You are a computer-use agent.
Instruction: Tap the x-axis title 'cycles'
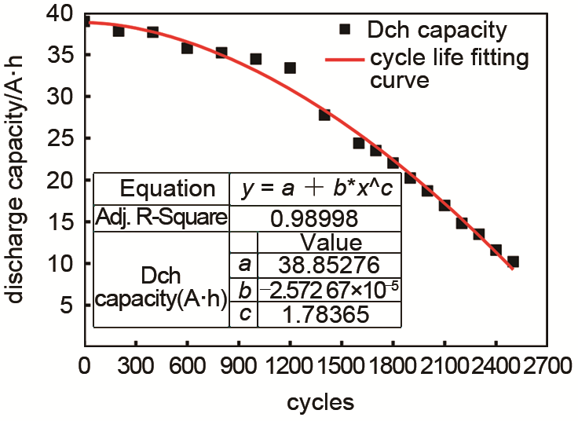(x=320, y=402)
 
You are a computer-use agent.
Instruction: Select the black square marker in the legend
(x=343, y=30)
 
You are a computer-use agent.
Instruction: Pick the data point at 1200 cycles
(x=290, y=68)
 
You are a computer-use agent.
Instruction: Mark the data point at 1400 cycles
(x=324, y=115)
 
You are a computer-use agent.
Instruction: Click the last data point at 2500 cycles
(x=513, y=262)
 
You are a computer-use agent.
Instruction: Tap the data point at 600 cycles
(x=187, y=48)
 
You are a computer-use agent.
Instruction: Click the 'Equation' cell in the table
(x=166, y=189)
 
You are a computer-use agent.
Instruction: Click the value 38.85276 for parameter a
(x=327, y=264)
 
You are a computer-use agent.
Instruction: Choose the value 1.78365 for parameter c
(x=327, y=314)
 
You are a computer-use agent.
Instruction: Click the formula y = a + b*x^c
(x=315, y=189)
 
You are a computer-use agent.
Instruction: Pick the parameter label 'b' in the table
(x=245, y=290)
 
